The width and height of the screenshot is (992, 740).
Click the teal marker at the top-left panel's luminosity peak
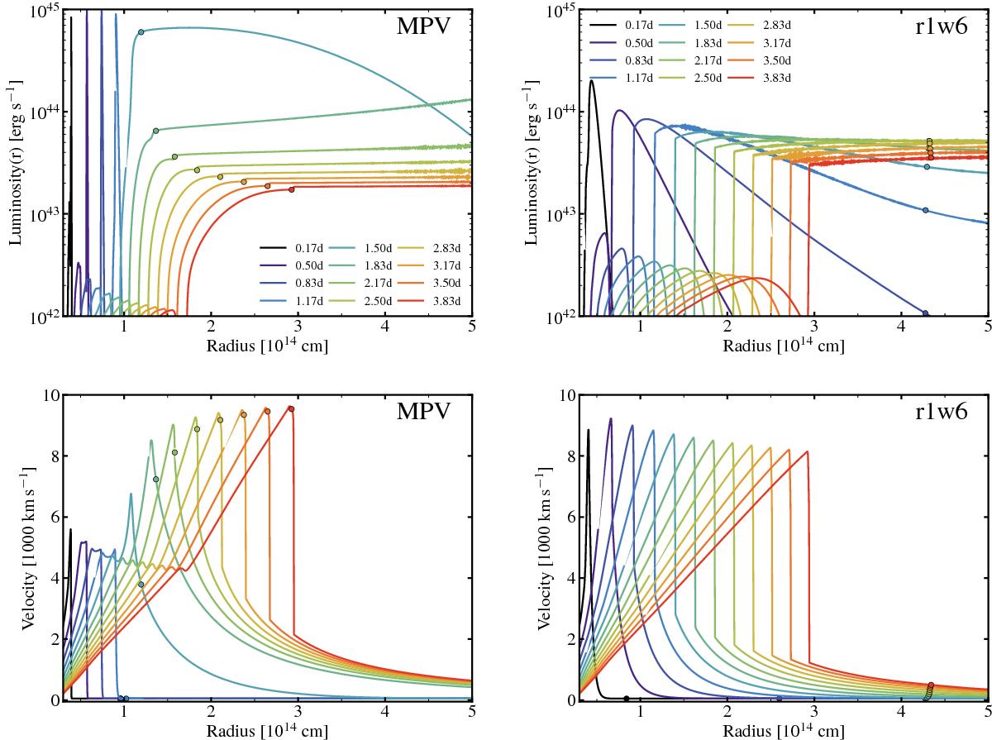pyautogui.click(x=141, y=32)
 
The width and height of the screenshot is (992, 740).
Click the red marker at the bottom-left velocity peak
pyautogui.click(x=291, y=408)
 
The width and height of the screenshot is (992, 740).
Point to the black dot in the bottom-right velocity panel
pyautogui.click(x=626, y=699)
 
